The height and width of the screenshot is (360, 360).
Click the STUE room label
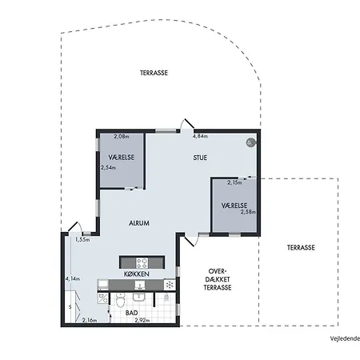pos(200,158)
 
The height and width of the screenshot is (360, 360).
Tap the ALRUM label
pos(139,223)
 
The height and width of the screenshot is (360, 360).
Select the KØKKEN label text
pos(137,274)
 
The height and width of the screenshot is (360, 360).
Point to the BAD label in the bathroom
pos(132,313)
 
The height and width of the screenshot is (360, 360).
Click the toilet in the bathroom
pos(121,300)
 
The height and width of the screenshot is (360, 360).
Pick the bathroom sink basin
pos(138,297)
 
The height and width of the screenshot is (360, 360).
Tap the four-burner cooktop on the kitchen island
pos(142,262)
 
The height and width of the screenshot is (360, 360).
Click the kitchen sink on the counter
pos(140,285)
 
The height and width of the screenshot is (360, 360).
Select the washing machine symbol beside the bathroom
pos(103,298)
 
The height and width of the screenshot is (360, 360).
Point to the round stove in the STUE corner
pos(250,142)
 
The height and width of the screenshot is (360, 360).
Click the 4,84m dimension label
pos(200,136)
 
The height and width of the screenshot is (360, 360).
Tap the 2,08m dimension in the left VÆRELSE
pos(122,137)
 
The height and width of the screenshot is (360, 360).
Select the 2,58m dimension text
pos(248,212)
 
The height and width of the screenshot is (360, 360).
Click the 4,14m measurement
pos(73,279)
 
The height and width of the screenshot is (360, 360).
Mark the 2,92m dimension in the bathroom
pos(142,320)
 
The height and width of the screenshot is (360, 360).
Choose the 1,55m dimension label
pos(82,240)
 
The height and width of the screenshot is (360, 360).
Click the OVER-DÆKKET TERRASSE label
pos(218,279)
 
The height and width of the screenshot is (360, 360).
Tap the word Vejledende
pos(346,338)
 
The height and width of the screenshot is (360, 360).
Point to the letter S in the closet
pos(70,307)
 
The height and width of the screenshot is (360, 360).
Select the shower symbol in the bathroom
pos(166,297)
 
